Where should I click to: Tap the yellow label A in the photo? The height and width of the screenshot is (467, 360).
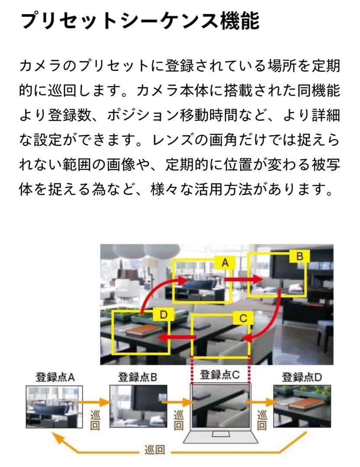(x=225, y=262)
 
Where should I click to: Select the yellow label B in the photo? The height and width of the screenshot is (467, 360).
(x=299, y=256)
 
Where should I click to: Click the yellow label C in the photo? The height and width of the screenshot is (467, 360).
(x=243, y=319)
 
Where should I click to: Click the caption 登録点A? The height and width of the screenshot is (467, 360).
(x=55, y=377)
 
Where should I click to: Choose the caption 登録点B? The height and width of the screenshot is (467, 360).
(x=137, y=377)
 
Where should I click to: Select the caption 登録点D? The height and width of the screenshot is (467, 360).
(x=302, y=377)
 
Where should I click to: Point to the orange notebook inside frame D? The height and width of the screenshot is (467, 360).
(x=140, y=333)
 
